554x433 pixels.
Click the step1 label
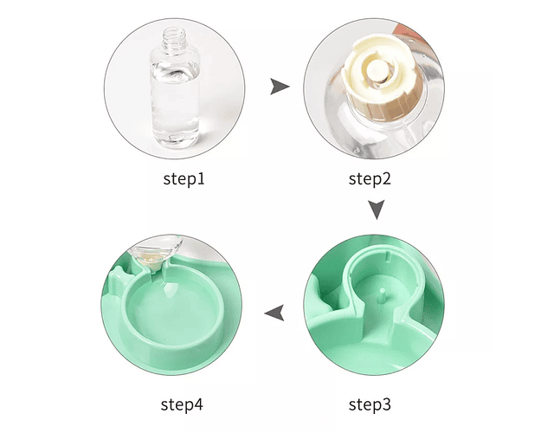coord(184,179)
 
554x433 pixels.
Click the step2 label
coord(370,179)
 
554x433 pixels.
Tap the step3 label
coord(370,404)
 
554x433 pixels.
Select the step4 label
coord(182,404)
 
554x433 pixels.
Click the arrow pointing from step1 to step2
coord(280,87)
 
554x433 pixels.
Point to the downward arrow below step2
coord(377,210)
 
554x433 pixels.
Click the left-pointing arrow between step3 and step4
coord(274,313)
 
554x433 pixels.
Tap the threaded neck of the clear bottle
coord(174,37)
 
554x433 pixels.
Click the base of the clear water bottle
coord(176,139)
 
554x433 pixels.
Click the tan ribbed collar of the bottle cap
coord(385,106)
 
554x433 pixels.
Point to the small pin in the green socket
coord(382,295)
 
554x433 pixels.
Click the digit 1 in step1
coord(201,179)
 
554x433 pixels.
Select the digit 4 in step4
coord(198,404)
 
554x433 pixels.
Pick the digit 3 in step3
coord(386,404)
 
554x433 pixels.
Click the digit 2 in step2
coord(386,179)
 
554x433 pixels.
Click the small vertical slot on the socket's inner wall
coord(388,256)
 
